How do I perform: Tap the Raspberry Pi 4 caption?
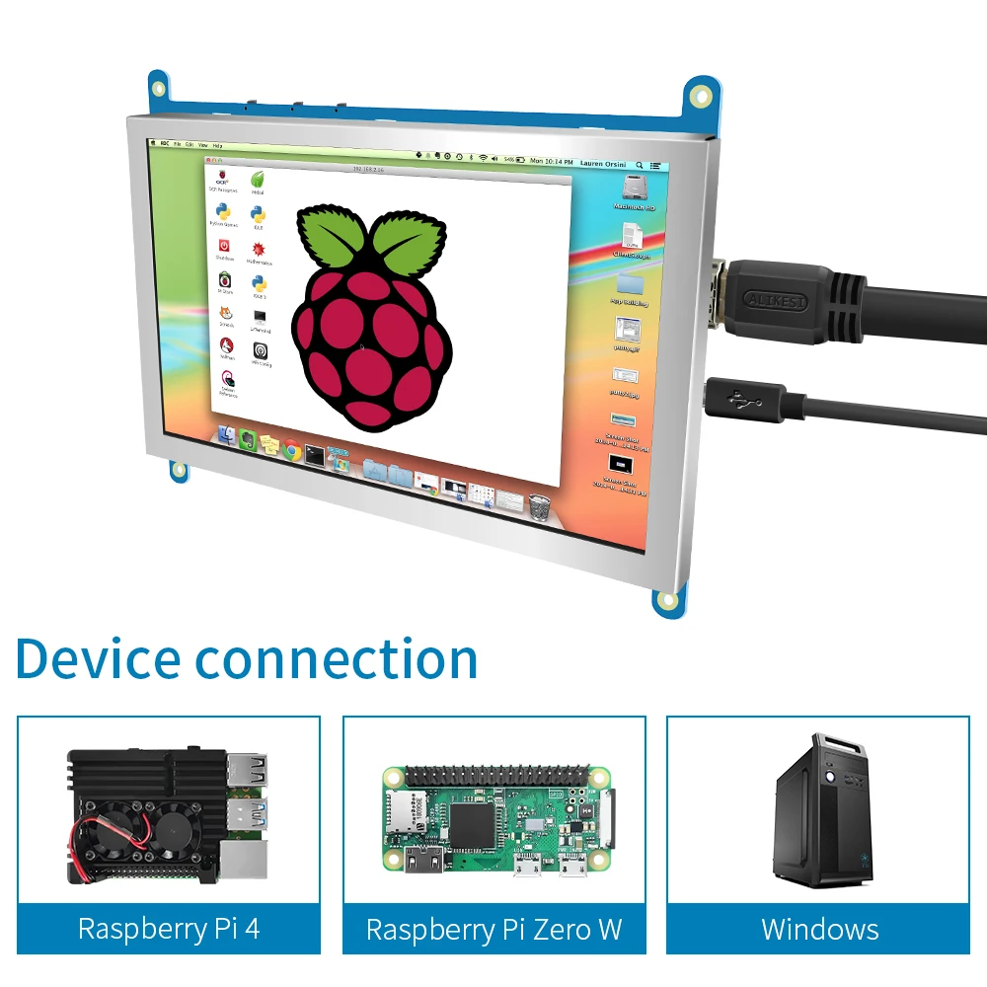click(x=169, y=929)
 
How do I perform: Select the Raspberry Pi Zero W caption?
click(x=493, y=929)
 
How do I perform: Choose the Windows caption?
click(x=819, y=929)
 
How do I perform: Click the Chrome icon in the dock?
click(x=291, y=451)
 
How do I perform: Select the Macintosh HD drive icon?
click(x=634, y=188)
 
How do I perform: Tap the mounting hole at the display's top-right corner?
click(x=702, y=96)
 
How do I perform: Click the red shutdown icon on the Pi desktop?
click(x=224, y=246)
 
